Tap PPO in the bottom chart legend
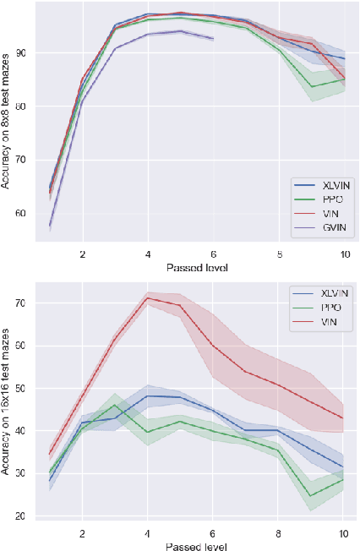point(321,306)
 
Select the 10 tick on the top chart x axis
point(343,254)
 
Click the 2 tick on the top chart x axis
point(83,254)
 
